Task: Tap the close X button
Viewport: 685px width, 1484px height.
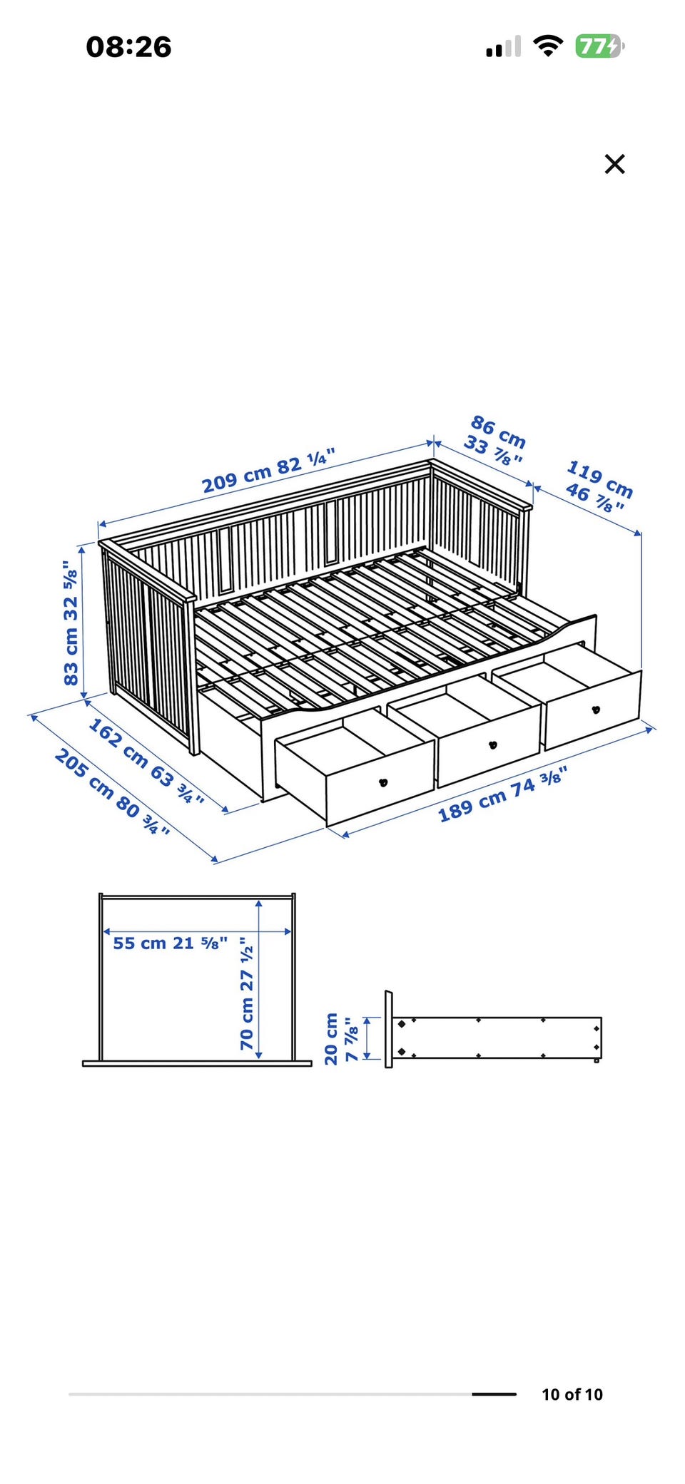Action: [614, 164]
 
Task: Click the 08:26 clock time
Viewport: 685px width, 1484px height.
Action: [128, 47]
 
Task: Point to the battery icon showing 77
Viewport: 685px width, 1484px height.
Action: [600, 46]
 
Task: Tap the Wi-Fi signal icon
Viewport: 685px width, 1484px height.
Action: [548, 46]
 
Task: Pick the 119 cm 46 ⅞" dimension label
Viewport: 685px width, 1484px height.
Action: [599, 486]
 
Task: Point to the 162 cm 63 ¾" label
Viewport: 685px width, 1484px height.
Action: [146, 761]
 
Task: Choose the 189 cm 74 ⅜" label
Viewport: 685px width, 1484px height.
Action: [502, 794]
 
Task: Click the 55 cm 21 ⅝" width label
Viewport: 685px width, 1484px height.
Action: [171, 943]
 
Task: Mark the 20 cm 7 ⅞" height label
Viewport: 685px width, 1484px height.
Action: [341, 1038]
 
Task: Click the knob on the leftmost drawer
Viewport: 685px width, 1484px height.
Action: [383, 782]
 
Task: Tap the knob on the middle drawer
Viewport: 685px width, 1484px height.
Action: [492, 745]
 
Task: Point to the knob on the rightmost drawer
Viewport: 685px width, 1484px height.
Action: [596, 710]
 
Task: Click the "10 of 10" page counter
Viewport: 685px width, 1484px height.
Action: [572, 1394]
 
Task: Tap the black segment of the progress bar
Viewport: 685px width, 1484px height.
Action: [494, 1394]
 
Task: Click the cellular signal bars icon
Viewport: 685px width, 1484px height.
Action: [503, 47]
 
